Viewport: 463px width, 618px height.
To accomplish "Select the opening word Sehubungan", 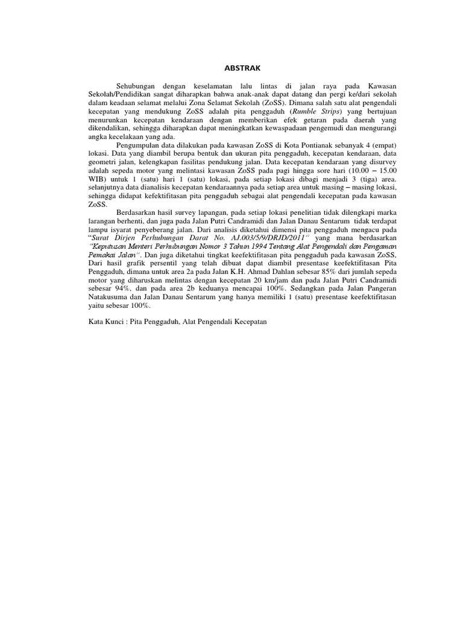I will point(136,88).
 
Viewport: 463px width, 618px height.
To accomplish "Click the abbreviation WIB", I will point(96,180).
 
